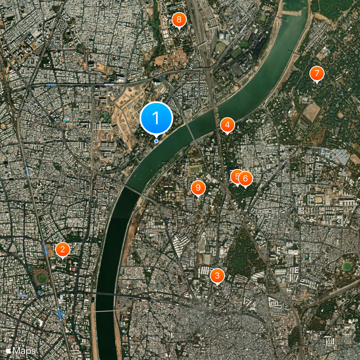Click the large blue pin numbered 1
156,118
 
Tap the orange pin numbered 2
63,249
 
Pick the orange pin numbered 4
227,125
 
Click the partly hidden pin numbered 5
234,176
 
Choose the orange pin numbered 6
245,179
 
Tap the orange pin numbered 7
317,73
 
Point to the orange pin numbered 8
179,20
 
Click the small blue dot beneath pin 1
156,141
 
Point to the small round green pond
347,267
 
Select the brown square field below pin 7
311,112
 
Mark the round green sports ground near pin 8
221,46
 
